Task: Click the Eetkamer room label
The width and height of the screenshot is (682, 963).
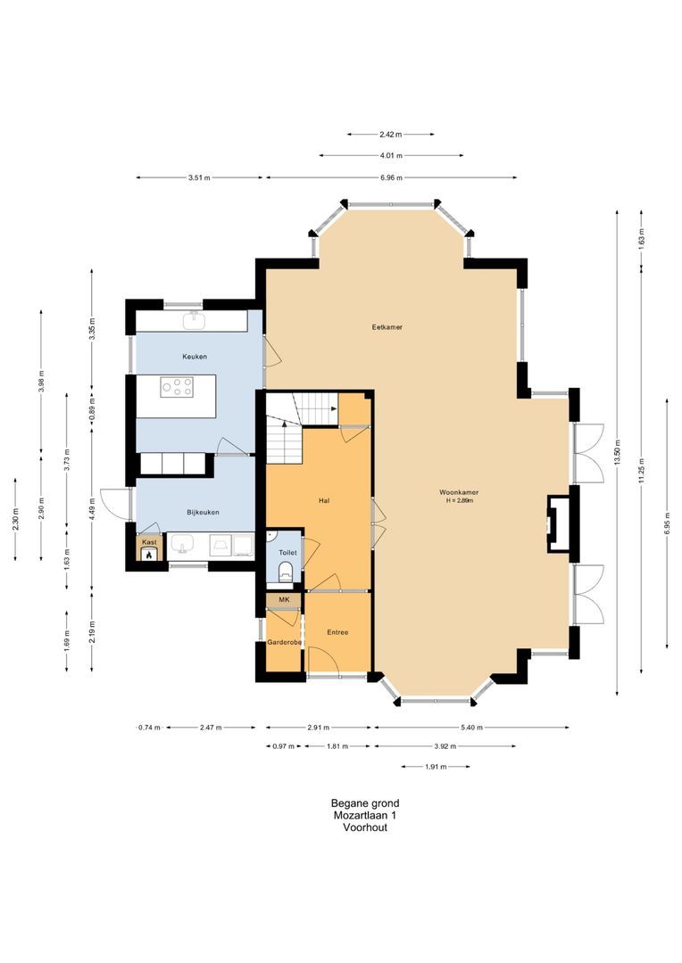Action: [x=387, y=327]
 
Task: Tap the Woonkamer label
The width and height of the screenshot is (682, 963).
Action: [x=459, y=492]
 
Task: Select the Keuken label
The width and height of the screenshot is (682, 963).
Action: [x=195, y=357]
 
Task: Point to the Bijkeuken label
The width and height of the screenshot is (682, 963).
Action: [x=203, y=512]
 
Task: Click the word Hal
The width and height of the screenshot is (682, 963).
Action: [x=324, y=500]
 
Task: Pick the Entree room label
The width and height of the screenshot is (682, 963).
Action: [x=337, y=632]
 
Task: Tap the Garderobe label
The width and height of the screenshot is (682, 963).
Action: [x=284, y=642]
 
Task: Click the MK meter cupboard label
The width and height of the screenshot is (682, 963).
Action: [x=284, y=599]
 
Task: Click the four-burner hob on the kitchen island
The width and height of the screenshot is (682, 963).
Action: [x=177, y=387]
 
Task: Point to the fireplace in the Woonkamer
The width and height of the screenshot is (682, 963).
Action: [x=559, y=523]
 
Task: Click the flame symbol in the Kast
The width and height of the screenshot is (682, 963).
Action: [x=149, y=556]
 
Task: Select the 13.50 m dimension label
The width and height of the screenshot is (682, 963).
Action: [x=617, y=453]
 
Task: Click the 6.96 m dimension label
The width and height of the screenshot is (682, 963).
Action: [x=391, y=178]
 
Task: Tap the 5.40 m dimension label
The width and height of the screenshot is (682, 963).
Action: [x=471, y=728]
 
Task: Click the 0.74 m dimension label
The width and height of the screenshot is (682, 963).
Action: [x=149, y=728]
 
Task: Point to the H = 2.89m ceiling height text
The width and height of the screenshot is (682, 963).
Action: [x=460, y=501]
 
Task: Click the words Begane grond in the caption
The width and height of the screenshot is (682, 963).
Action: [x=365, y=803]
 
